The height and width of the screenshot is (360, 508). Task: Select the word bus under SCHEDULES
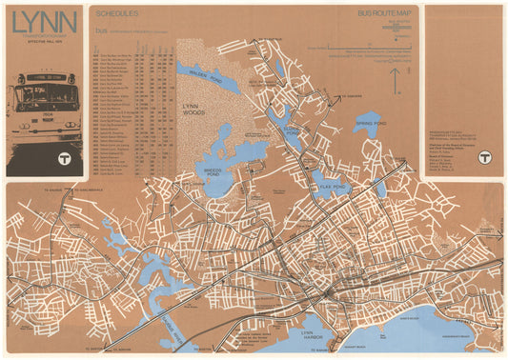(x=101, y=30)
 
